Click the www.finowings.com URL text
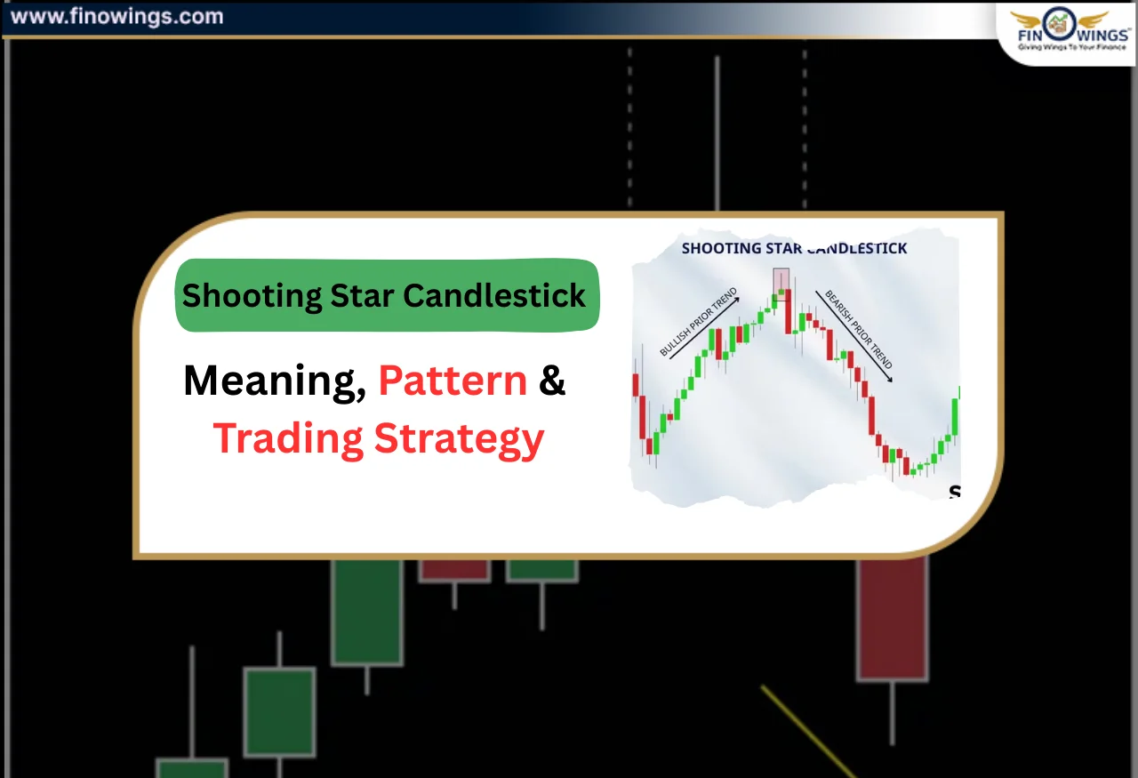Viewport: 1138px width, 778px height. click(116, 16)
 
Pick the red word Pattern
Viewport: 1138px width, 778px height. click(453, 381)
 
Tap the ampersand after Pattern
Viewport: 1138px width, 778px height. click(552, 381)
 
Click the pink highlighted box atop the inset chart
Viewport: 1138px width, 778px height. click(781, 279)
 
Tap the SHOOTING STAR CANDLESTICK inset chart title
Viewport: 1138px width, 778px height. click(794, 248)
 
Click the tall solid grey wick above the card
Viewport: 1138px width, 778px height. click(717, 133)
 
